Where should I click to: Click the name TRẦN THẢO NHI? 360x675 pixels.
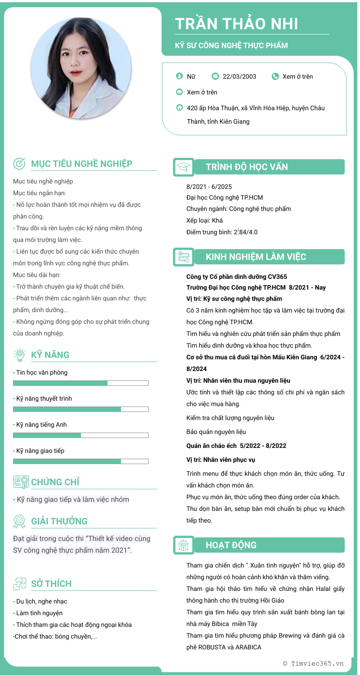coord(236,24)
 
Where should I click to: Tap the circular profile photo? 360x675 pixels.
coord(81,68)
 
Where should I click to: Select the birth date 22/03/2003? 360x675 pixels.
coord(239,76)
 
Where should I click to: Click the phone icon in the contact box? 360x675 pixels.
coord(275,76)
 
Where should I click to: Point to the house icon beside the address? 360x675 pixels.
coord(180,108)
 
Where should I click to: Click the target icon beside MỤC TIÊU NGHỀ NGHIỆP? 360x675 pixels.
coord(19,164)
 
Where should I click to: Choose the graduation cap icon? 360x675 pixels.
coord(184,167)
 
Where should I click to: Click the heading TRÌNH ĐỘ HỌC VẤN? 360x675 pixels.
coord(247,167)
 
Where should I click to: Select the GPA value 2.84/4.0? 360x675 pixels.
coord(245,232)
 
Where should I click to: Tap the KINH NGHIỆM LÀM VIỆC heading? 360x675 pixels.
coord(256,257)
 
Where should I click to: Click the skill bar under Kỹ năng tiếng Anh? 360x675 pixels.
coord(81,435)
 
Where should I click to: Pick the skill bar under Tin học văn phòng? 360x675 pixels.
coord(81,383)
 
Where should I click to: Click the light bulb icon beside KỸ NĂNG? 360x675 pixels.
coord(19,355)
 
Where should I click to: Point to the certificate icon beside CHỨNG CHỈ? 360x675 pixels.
coord(21,482)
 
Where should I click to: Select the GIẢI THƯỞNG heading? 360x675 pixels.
coord(59,521)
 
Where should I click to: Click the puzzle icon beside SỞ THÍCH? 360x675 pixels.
coord(19,584)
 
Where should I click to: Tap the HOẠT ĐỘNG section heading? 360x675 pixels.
coord(231,545)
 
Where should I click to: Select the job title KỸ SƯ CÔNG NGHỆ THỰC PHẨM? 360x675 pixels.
coord(231,45)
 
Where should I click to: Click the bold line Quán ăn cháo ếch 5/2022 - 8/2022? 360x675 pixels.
coord(236,446)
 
